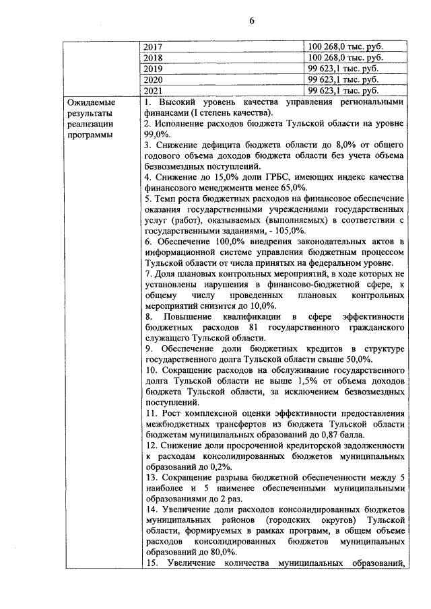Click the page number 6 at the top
click(x=251, y=20)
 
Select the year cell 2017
click(x=154, y=47)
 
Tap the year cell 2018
click(x=154, y=58)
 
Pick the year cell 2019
click(x=154, y=69)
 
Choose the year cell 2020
click(x=154, y=79)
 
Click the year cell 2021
click(x=154, y=90)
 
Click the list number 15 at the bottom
click(x=151, y=563)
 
